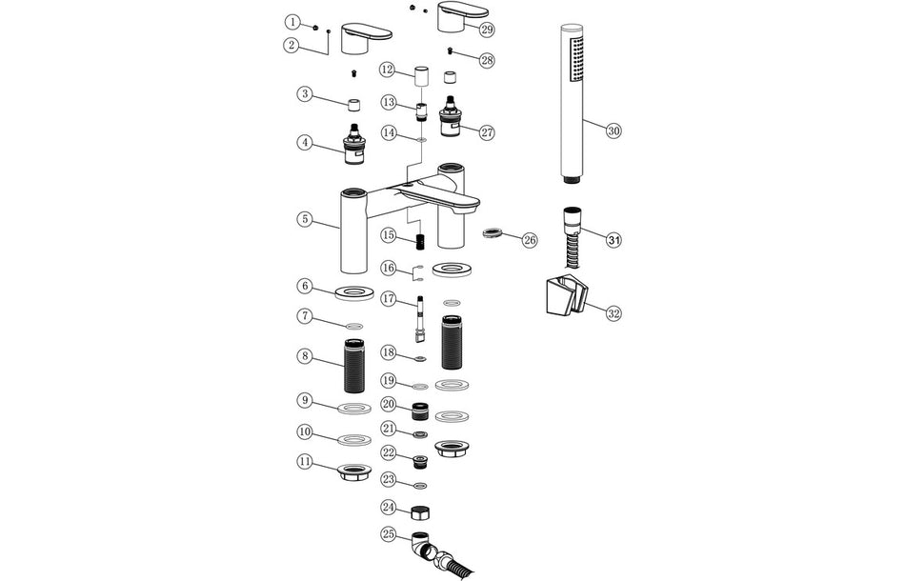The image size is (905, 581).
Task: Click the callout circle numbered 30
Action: (x=613, y=130)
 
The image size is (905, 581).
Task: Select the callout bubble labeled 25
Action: (x=389, y=534)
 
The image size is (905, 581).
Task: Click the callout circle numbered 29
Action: (x=487, y=30)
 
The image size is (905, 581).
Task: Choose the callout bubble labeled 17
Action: (x=389, y=299)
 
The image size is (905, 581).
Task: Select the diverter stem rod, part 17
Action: (x=417, y=320)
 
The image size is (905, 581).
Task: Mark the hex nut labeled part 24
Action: (x=417, y=511)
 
